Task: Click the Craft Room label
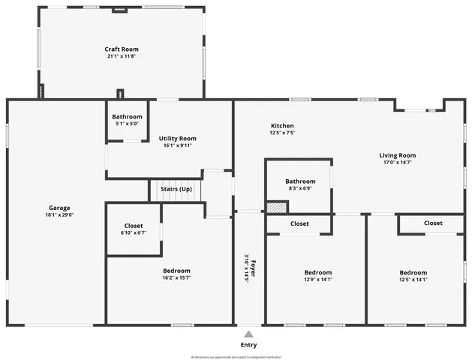pyautogui.click(x=121, y=49)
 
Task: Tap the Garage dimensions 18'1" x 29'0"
pyautogui.click(x=59, y=214)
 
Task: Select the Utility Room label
pyautogui.click(x=177, y=138)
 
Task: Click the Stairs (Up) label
pyautogui.click(x=176, y=189)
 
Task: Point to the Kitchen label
pyautogui.click(x=282, y=126)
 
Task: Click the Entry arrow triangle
pyautogui.click(x=248, y=334)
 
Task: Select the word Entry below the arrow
pyautogui.click(x=248, y=345)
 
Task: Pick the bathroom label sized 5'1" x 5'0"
pyautogui.click(x=127, y=124)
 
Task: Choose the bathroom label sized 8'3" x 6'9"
pyautogui.click(x=300, y=188)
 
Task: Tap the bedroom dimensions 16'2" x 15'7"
pyautogui.click(x=176, y=278)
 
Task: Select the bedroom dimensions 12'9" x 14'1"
pyautogui.click(x=317, y=280)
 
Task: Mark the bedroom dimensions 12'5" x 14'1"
pyautogui.click(x=413, y=280)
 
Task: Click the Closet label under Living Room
pyautogui.click(x=433, y=223)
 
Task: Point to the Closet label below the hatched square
pyautogui.click(x=299, y=223)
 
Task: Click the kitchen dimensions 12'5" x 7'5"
pyautogui.click(x=282, y=133)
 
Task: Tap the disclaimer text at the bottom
pyautogui.click(x=236, y=356)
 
